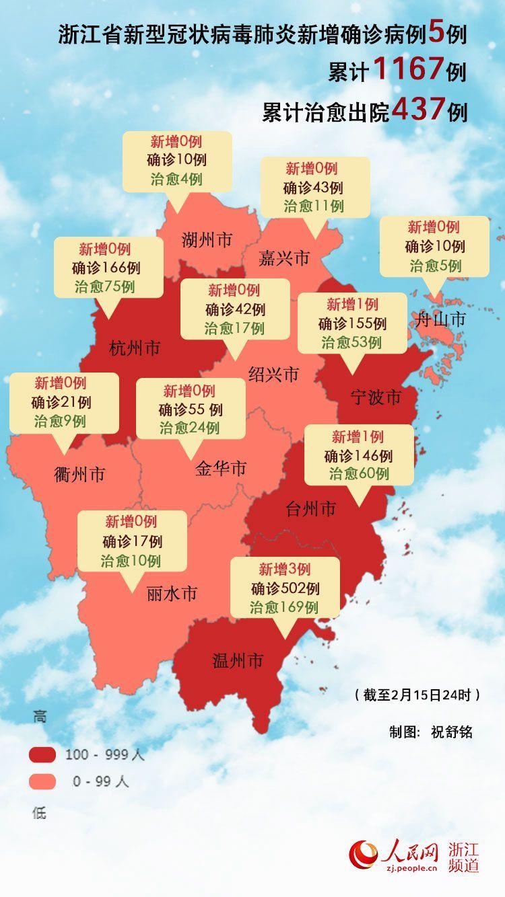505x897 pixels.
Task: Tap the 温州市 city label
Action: coord(236,661)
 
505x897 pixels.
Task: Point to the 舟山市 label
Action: coord(441,319)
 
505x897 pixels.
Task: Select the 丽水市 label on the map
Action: coord(172,594)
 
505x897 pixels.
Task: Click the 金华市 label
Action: coord(221,469)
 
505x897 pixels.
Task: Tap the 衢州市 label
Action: coord(79,474)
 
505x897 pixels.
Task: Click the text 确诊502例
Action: coord(285,589)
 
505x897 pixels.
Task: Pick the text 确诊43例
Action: coord(314,188)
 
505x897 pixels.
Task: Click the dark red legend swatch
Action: coord(42,755)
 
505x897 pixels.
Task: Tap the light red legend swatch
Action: coord(42,781)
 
